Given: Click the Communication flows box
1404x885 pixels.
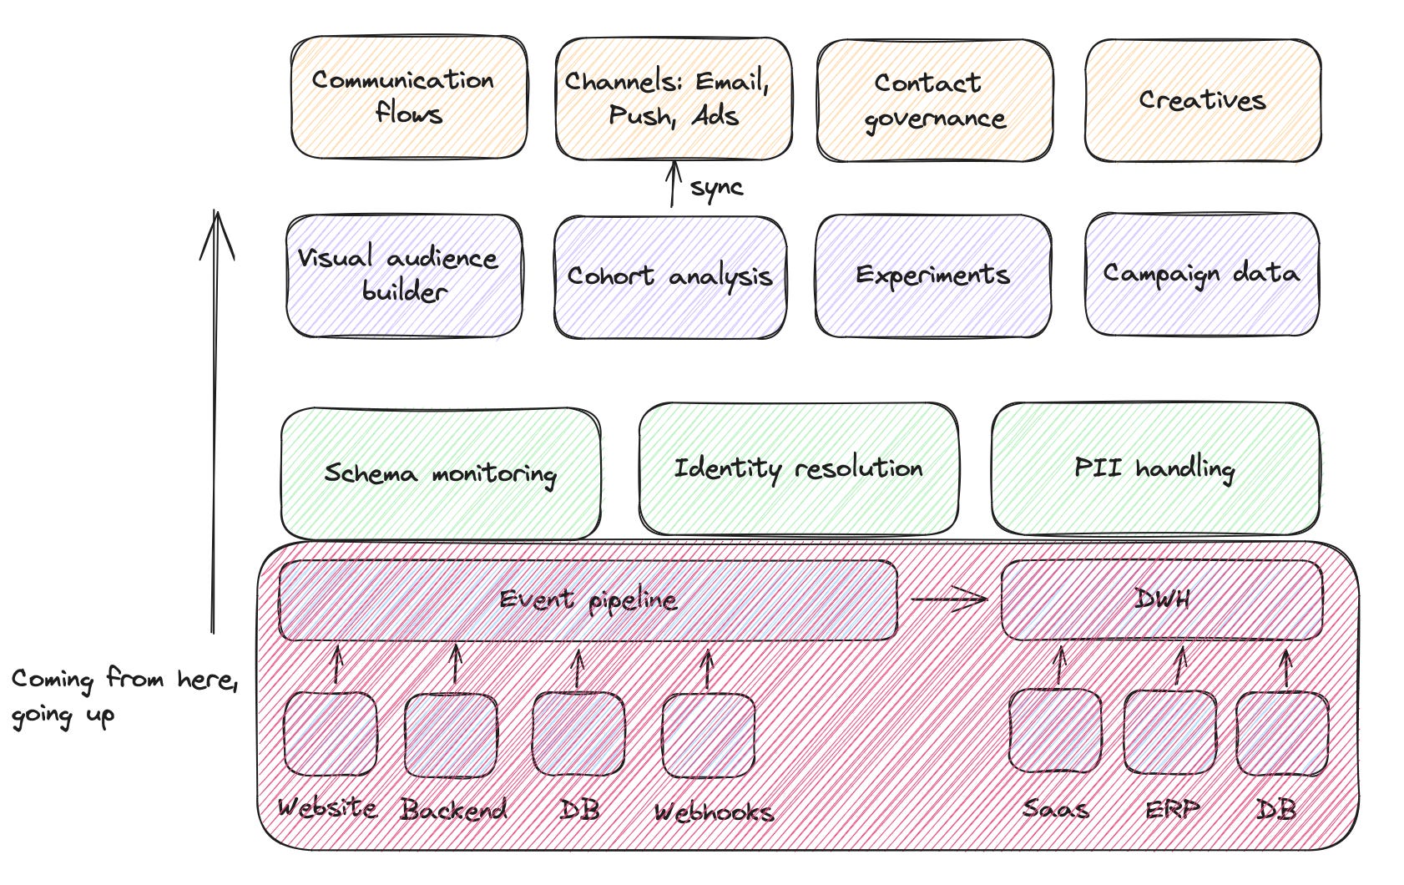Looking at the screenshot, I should point(409,97).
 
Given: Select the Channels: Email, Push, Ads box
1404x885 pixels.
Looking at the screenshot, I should point(674,99).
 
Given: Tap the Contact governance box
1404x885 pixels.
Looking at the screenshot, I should point(934,100).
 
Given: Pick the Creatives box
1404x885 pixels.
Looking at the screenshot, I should point(1202,100).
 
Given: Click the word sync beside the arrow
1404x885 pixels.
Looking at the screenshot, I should point(716,188).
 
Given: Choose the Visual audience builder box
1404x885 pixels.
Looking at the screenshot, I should point(404,276).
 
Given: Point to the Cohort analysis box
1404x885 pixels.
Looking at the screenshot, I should point(670,277).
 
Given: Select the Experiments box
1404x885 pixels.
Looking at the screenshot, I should point(932,276).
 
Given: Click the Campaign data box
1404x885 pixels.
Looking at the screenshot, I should point(1202,274).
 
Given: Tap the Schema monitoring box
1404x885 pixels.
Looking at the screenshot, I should point(441,473).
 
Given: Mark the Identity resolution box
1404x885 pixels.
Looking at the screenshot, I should point(798,469).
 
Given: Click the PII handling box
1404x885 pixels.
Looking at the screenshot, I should point(1155,469).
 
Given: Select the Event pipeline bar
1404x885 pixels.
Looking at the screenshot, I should point(588,600).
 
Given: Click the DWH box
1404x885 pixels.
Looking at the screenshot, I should point(1161,599).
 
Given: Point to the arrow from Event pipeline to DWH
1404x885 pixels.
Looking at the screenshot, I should point(949,599).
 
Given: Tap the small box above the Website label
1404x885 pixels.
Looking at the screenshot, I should point(330,734).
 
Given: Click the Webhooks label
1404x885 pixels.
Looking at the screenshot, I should point(714,812).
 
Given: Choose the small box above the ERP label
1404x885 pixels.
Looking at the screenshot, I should point(1169,732).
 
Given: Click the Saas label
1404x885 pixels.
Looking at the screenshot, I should point(1056,809).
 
